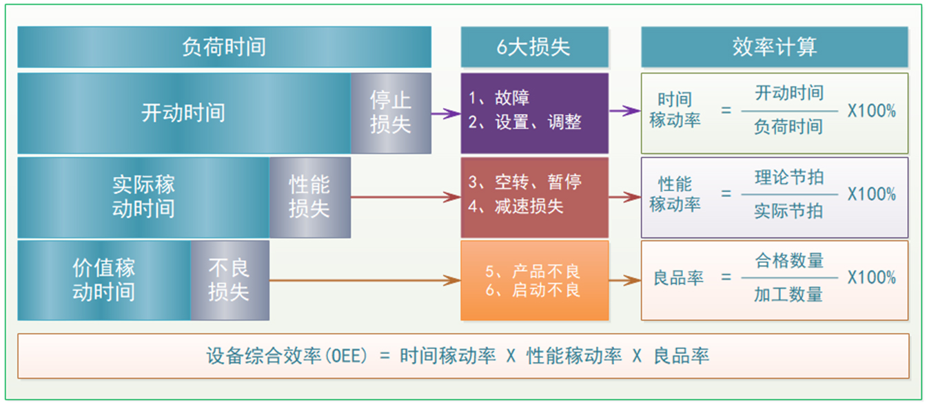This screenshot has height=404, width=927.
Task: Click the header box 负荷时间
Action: point(224,47)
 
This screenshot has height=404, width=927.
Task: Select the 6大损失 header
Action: point(534,47)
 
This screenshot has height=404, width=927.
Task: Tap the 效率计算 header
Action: point(774,47)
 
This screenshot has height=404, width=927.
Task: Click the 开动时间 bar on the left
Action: point(183,113)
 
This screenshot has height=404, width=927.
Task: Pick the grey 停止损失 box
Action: point(391,113)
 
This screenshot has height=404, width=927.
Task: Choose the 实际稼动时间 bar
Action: point(143,197)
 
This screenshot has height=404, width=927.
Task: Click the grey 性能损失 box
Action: point(309,197)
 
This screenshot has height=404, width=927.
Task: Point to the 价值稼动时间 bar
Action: point(103,280)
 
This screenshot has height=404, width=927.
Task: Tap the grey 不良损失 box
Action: point(230,280)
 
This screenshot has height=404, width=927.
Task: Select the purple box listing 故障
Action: point(534,113)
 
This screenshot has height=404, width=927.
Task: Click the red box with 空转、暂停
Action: point(534,197)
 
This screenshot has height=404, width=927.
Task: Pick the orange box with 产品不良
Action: point(534,280)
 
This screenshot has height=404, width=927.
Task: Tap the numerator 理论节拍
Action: point(788,178)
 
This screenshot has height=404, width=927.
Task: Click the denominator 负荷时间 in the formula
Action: point(788,127)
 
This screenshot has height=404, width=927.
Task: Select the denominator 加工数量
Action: point(788,295)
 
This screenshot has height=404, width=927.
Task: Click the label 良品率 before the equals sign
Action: point(678,278)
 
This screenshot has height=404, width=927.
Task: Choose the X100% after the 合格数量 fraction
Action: point(872,278)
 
